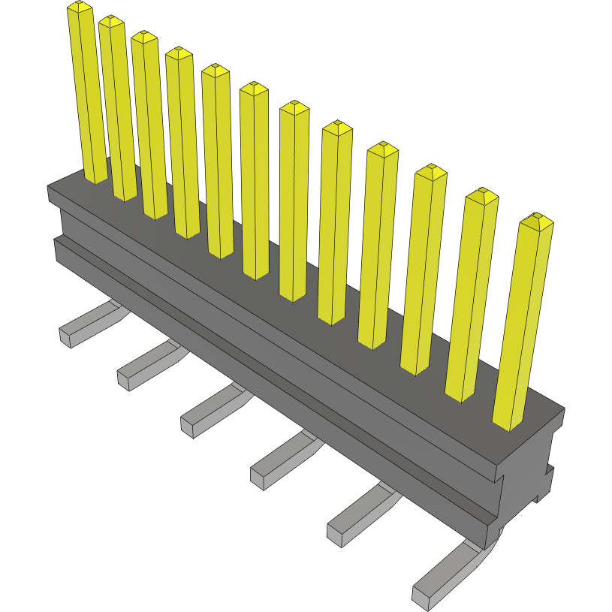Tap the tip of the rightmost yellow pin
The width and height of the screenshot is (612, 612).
coord(536,220)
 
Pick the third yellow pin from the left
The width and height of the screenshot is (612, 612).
coord(149,124)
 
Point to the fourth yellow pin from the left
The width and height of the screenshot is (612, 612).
coord(183,143)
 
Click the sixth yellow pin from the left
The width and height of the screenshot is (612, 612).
coord(255,180)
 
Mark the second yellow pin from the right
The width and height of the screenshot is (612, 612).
coord(472,293)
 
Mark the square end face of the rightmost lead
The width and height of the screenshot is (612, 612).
coord(421,597)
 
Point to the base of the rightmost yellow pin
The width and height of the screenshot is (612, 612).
coord(509,421)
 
